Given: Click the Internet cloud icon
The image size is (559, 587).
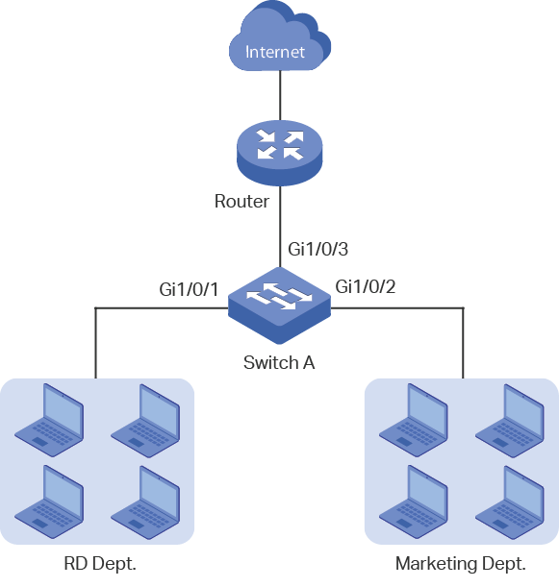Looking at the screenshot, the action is pyautogui.click(x=280, y=37).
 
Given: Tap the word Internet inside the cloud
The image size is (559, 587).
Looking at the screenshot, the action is pyautogui.click(x=275, y=52).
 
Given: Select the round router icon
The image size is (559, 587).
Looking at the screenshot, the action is pyautogui.click(x=280, y=153).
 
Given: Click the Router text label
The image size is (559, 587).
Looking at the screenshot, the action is pyautogui.click(x=241, y=202).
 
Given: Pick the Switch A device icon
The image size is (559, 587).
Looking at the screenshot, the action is pyautogui.click(x=280, y=306).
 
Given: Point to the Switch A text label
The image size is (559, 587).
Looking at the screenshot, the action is pyautogui.click(x=279, y=362).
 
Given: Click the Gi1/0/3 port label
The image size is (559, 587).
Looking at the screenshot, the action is pyautogui.click(x=318, y=249).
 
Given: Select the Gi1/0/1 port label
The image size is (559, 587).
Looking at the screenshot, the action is pyautogui.click(x=189, y=289).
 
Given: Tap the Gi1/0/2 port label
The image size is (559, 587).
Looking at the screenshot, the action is pyautogui.click(x=366, y=286).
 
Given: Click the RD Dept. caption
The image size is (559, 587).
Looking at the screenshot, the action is pyautogui.click(x=100, y=563).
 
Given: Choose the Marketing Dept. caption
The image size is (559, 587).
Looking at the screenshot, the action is pyautogui.click(x=461, y=563).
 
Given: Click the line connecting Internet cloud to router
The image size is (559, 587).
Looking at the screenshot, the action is pyautogui.click(x=280, y=95).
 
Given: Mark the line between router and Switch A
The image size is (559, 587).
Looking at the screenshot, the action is pyautogui.click(x=280, y=227).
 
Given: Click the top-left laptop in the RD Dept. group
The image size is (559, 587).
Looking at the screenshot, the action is pyautogui.click(x=49, y=420).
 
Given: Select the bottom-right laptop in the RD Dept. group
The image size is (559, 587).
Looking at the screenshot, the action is pyautogui.click(x=145, y=502).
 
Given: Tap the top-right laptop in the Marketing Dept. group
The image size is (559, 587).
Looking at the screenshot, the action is pyautogui.click(x=510, y=421).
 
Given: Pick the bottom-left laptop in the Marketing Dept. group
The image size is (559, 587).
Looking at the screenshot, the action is pyautogui.click(x=414, y=502).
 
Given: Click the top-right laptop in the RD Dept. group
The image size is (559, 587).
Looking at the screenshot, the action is pyautogui.click(x=145, y=421).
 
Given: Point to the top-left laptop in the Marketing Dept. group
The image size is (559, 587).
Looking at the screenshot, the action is pyautogui.click(x=414, y=420).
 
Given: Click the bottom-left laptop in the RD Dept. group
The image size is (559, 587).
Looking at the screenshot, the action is pyautogui.click(x=49, y=502).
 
